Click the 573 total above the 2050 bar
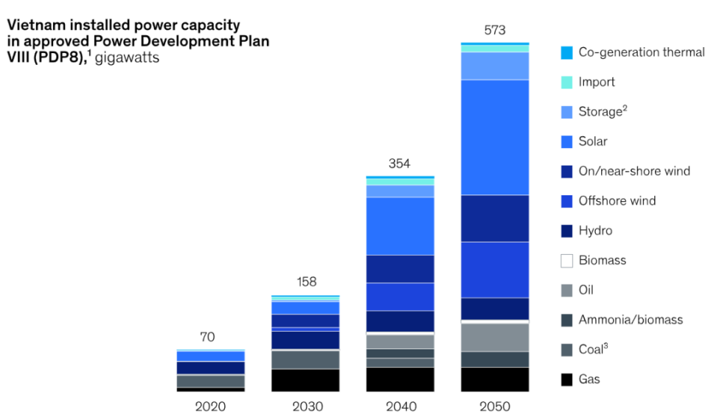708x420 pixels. click(x=494, y=30)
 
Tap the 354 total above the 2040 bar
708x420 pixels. click(x=400, y=164)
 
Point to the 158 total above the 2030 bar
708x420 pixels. click(x=305, y=283)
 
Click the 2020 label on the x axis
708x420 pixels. click(x=210, y=406)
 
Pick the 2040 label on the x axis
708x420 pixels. click(x=400, y=406)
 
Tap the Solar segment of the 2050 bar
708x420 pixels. click(x=494, y=137)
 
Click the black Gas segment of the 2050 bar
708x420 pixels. click(x=494, y=379)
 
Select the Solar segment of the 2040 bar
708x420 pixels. click(x=400, y=225)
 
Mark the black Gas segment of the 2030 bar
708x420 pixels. click(x=305, y=380)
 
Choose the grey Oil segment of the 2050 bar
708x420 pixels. click(x=494, y=337)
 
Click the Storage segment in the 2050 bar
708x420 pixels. click(x=494, y=66)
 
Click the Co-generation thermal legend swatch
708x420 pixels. click(x=566, y=53)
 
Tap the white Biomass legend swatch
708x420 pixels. click(x=566, y=261)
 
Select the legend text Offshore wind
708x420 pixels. click(x=617, y=201)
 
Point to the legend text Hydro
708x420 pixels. click(x=595, y=231)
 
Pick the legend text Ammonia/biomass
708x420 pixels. click(x=631, y=320)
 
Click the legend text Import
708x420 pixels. click(x=597, y=83)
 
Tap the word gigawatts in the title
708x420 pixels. click(x=127, y=57)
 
